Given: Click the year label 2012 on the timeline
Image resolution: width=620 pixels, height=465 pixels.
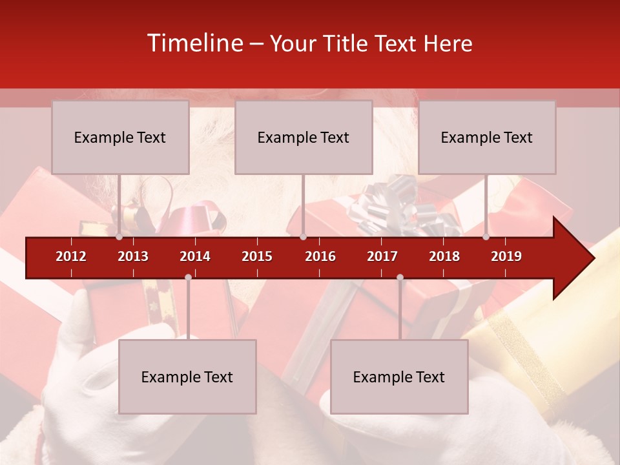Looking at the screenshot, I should click(x=71, y=256).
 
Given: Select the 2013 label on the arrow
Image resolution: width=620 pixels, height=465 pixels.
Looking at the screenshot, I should click(x=133, y=256).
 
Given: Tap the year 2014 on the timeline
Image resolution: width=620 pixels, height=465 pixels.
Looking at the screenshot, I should click(x=195, y=256).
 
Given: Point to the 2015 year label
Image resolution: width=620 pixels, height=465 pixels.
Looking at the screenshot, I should click(x=257, y=256).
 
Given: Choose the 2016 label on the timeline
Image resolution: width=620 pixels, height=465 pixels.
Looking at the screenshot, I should click(x=320, y=256).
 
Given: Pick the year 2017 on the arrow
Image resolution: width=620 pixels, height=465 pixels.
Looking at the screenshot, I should click(x=382, y=256).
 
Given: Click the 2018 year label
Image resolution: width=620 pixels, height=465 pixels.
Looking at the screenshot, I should click(x=444, y=256).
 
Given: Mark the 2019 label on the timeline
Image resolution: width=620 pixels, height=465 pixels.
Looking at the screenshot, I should click(x=506, y=256).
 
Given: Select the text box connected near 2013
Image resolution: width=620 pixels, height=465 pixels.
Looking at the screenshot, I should click(x=120, y=137).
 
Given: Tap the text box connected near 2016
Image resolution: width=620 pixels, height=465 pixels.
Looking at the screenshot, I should click(x=304, y=137).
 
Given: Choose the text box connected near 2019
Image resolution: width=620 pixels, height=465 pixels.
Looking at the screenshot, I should click(x=487, y=137).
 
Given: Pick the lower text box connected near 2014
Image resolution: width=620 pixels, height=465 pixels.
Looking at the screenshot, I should click(x=187, y=377).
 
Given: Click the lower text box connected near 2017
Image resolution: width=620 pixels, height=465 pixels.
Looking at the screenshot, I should click(x=399, y=377).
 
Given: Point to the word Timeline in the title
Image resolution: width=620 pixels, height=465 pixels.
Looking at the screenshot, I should click(x=194, y=43).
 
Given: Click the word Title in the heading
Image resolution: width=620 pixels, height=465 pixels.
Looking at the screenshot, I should click(x=347, y=43).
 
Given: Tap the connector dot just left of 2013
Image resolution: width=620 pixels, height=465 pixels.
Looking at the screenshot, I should click(x=119, y=237).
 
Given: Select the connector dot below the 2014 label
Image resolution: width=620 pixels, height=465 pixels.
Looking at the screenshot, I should click(x=188, y=277).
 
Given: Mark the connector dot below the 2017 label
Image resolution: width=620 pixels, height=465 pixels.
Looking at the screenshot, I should click(x=400, y=277).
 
